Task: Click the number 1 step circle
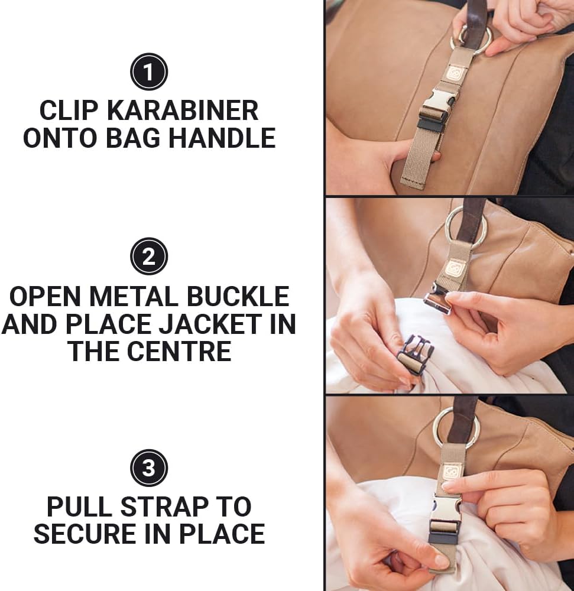(x=149, y=72)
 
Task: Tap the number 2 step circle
(x=149, y=256)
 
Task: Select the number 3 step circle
(x=149, y=467)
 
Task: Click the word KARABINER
(x=183, y=111)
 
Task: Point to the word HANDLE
(x=222, y=138)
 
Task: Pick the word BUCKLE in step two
(x=238, y=296)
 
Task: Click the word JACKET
(x=210, y=324)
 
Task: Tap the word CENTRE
(x=179, y=351)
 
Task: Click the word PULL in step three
(x=80, y=506)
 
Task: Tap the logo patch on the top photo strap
(x=453, y=73)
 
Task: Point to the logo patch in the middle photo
(x=452, y=269)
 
